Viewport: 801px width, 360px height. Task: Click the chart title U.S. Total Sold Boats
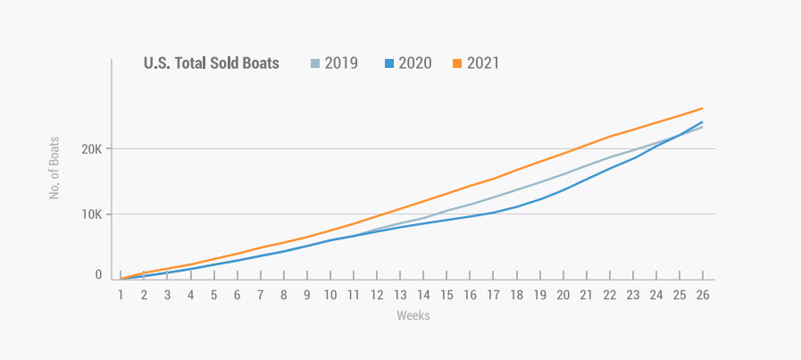(x=212, y=63)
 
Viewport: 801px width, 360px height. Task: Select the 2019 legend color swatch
(x=315, y=63)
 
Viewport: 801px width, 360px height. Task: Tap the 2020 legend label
(x=415, y=63)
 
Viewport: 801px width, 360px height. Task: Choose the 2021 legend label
(x=482, y=63)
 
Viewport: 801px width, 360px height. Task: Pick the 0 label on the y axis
(x=99, y=275)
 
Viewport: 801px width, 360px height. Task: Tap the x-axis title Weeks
(x=412, y=315)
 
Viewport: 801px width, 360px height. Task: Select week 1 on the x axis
(x=121, y=294)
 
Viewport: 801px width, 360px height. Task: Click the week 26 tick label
(x=702, y=294)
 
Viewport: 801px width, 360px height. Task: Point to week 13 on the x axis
(x=400, y=294)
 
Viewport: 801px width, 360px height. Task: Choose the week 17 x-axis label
(x=493, y=294)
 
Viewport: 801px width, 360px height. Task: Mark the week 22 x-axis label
(x=609, y=294)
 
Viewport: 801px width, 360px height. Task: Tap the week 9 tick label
(x=307, y=294)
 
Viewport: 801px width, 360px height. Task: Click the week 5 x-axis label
(x=213, y=294)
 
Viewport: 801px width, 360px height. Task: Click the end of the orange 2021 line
(x=702, y=108)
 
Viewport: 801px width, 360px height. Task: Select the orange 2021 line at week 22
(x=609, y=137)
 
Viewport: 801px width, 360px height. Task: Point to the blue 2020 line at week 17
(x=493, y=213)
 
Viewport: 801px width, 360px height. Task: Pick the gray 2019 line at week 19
(x=539, y=181)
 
